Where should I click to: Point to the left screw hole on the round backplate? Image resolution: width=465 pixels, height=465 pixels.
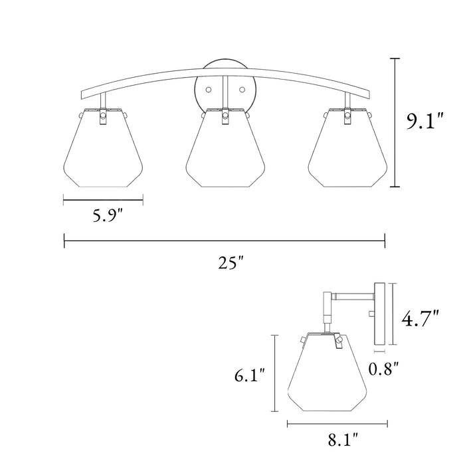pos(209,88)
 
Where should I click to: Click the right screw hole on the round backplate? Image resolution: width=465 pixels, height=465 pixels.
pos(244,88)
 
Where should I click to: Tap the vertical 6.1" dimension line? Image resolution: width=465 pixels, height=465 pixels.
pos(274,375)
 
